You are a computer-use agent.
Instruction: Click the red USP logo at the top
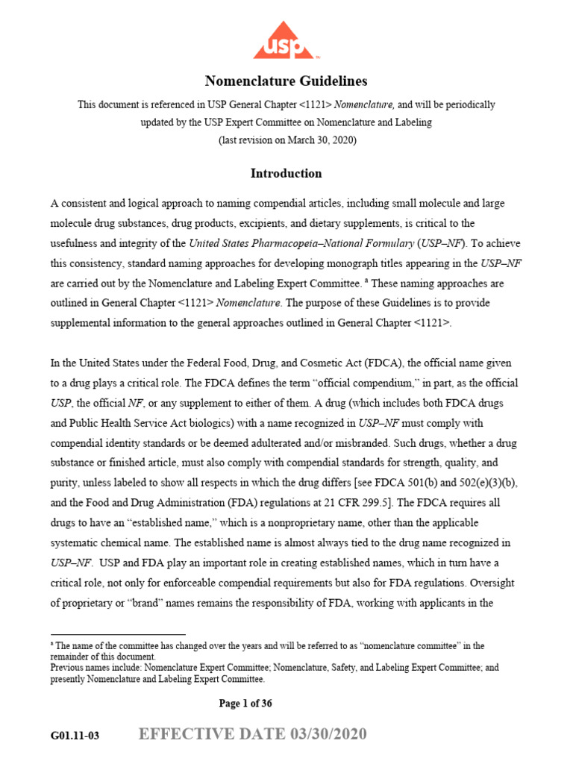click(286, 41)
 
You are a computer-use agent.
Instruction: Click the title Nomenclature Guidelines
click(286, 81)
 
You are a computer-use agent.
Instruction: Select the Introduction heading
click(286, 173)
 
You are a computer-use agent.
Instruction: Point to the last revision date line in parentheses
click(286, 140)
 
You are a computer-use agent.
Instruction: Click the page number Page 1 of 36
click(251, 704)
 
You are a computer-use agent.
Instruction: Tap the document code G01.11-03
click(75, 736)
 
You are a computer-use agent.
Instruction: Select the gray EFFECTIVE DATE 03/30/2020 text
click(253, 735)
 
